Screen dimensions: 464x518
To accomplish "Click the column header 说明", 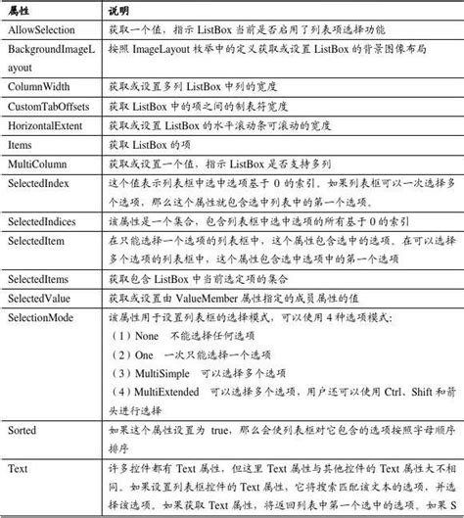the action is tap(116, 9).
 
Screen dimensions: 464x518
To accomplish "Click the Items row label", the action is tap(20, 145).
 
